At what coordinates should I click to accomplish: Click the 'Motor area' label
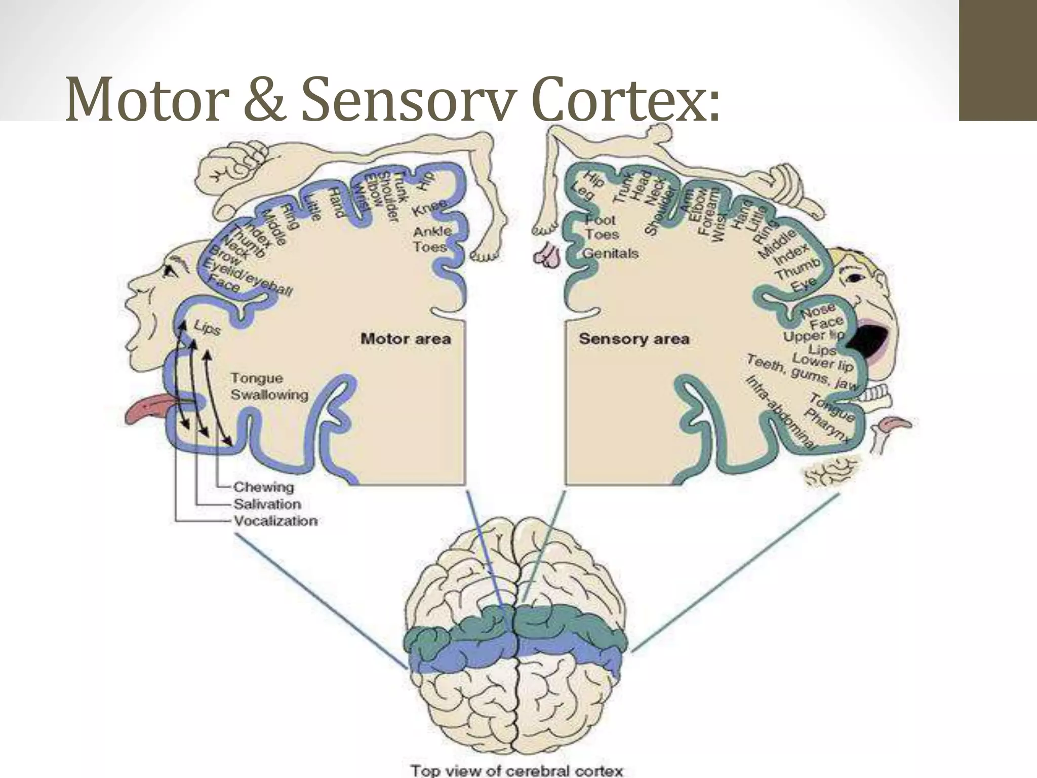coord(406,339)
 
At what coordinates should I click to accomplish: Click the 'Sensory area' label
coord(634,339)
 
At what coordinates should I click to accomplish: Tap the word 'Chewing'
coord(263,487)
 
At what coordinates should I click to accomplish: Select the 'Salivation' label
coord(267,504)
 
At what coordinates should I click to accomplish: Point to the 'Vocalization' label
coord(275,521)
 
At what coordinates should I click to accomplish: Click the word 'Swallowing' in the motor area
coord(269,395)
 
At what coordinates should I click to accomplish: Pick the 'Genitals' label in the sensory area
coord(611,253)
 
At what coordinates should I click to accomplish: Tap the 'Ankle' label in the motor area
coord(432,231)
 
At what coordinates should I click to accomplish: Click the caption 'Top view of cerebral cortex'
coord(516,771)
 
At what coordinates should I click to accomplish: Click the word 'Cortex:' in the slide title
coord(625,99)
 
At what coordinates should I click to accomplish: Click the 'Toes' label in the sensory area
coord(602,235)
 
